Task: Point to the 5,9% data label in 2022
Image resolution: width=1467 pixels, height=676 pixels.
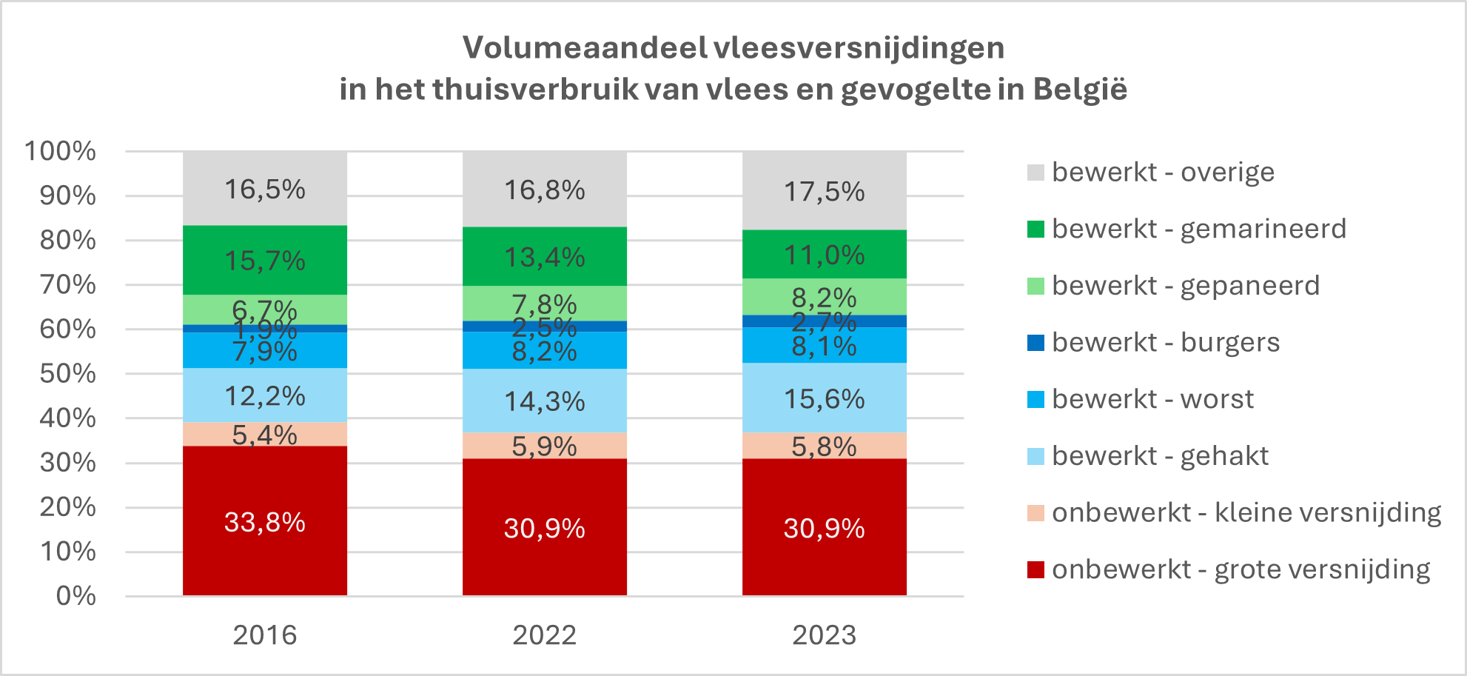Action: point(544,446)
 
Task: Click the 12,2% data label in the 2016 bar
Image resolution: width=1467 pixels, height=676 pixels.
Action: point(264,396)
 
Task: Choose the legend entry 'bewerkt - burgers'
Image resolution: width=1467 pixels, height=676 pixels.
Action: point(1165,343)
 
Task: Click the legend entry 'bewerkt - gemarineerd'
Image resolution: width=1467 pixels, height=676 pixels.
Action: point(1198,230)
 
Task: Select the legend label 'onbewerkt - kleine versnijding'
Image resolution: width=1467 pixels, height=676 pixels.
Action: point(1246,512)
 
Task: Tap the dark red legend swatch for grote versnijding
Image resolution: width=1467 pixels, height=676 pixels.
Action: point(1035,569)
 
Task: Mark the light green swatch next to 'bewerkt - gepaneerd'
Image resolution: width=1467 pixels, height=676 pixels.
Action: point(1035,286)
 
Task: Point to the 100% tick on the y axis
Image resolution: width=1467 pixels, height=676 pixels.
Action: point(61,151)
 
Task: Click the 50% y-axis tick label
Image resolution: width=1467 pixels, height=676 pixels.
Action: point(67,374)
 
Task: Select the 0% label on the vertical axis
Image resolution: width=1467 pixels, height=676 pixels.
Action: point(75,596)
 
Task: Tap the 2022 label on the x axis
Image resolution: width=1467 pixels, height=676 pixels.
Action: point(544,635)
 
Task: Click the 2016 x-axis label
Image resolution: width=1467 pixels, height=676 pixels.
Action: point(264,635)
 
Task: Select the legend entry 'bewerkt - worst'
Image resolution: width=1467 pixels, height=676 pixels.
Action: point(1152,400)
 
